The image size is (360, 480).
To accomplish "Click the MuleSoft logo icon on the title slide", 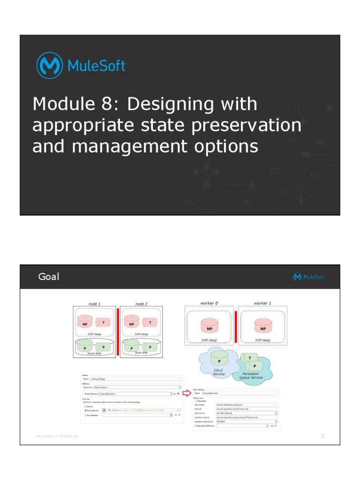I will pyautogui.click(x=49, y=66).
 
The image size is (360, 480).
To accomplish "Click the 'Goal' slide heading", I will pyautogui.click(x=49, y=277).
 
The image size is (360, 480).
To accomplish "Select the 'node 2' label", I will pyautogui.click(x=141, y=304).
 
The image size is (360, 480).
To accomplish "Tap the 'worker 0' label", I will pyautogui.click(x=210, y=303).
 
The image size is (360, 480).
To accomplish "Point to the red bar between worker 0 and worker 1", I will pyautogui.click(x=235, y=327).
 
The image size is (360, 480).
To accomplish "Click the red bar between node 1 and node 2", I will pyautogui.click(x=118, y=331).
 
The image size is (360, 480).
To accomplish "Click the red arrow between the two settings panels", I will pyautogui.click(x=188, y=393).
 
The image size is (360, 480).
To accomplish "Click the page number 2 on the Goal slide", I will pyautogui.click(x=322, y=436).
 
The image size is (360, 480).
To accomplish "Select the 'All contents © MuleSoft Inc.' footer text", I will pyautogui.click(x=58, y=436).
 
